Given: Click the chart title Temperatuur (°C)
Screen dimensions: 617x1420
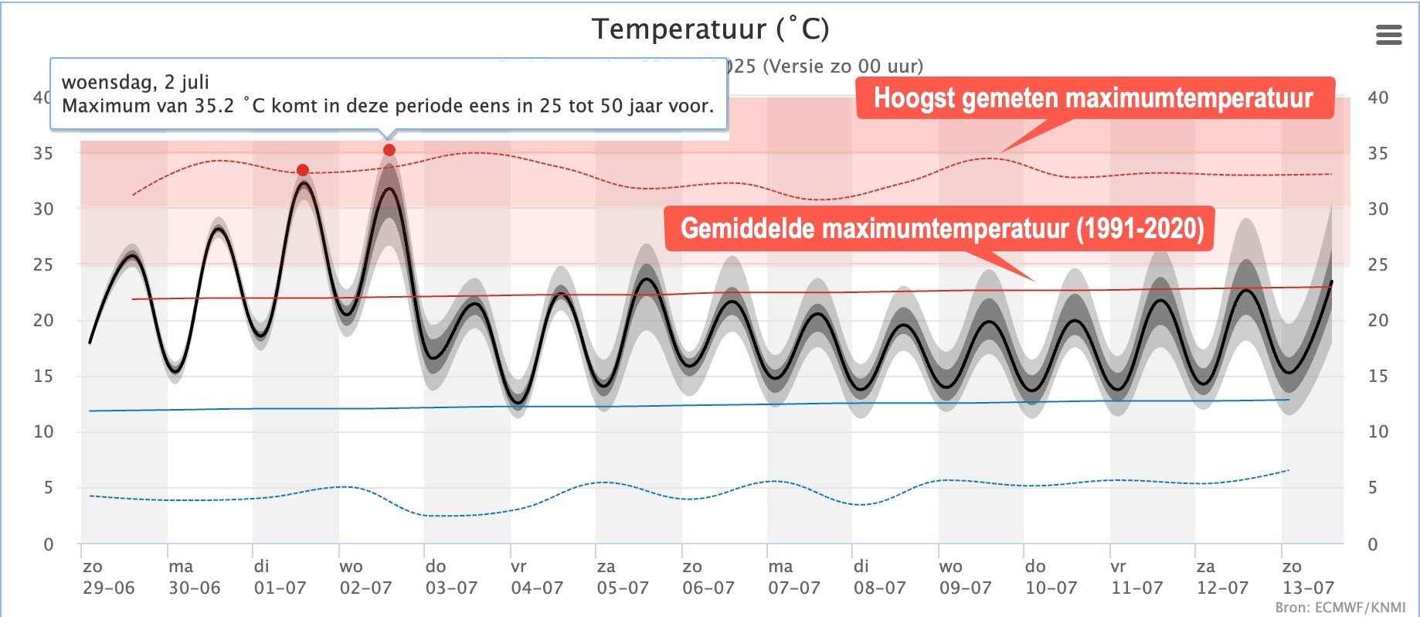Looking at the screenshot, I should pos(710,29).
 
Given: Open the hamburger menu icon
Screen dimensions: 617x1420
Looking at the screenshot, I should pos(1388,35).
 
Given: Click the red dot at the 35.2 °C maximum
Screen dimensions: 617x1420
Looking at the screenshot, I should pos(389,150).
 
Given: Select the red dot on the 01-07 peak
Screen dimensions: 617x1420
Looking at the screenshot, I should pos(303,170).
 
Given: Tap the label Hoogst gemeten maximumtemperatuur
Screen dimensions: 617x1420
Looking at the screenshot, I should pos(1093,98).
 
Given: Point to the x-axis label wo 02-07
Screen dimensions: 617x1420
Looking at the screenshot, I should pos(365,578).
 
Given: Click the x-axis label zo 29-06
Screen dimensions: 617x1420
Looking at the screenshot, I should pos(108,578).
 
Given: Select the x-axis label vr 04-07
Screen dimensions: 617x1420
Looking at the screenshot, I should pos(537,578).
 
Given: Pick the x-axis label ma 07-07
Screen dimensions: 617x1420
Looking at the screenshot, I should pos(793,578).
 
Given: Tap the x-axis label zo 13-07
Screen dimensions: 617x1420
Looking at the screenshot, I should pos(1307,578).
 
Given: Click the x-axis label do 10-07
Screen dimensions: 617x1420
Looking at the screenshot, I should pos(1051,578).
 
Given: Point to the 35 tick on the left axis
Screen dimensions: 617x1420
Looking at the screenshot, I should pos(43,153).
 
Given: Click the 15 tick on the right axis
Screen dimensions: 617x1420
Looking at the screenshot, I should pos(1378,376).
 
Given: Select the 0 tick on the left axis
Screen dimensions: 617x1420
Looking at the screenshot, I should pos(49,544).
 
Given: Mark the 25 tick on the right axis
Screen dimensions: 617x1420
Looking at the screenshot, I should pos(1378,264).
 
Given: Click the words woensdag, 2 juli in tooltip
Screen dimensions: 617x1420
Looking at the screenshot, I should pos(135,82).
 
